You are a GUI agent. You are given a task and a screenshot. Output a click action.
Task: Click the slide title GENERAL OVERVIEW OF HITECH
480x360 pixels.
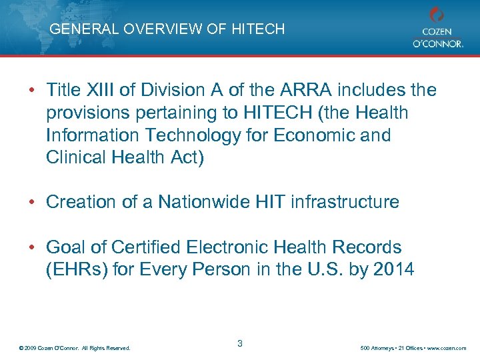pos(167,29)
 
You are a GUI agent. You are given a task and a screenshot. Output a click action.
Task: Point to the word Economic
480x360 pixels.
pos(313,135)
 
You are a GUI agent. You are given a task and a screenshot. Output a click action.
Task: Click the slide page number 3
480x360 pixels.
pos(239,343)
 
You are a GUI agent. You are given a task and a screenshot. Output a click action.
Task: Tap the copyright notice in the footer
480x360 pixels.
pos(75,348)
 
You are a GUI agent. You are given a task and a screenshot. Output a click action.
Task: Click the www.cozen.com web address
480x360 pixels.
pos(448,348)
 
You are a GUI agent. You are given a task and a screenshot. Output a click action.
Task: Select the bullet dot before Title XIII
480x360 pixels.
pos(33,89)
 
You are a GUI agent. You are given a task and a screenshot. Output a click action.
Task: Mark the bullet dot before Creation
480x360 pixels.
pos(33,202)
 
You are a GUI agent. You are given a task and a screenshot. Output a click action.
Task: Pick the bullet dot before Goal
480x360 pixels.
pos(33,247)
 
